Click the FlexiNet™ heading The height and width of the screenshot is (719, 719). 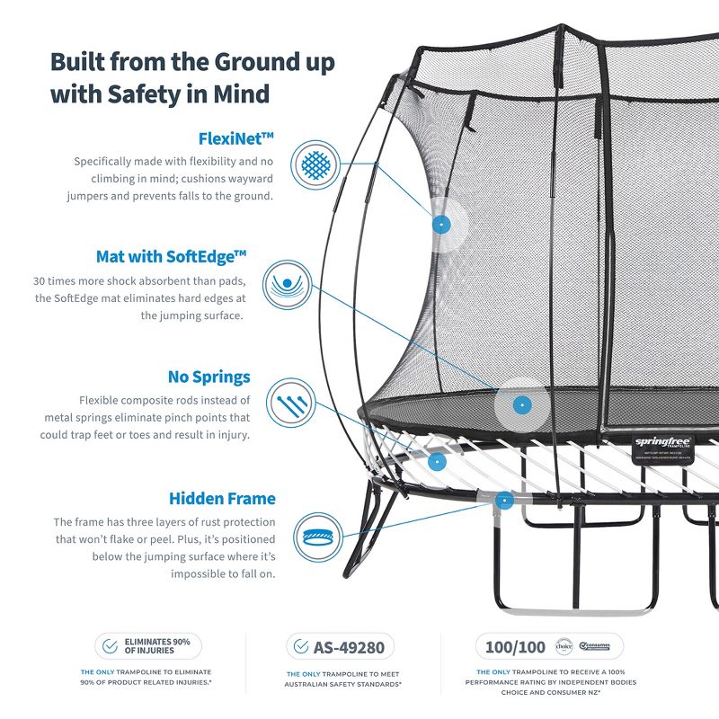pyautogui.click(x=235, y=138)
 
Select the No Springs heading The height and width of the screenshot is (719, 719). pyautogui.click(x=209, y=377)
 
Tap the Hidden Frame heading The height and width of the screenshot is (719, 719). pyautogui.click(x=222, y=498)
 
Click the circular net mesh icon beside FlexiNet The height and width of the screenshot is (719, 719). pyautogui.click(x=315, y=164)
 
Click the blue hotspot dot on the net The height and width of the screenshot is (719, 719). pyautogui.click(x=439, y=225)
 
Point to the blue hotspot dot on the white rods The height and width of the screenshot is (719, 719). pyautogui.click(x=437, y=461)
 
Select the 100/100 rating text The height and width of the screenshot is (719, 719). pyautogui.click(x=516, y=646)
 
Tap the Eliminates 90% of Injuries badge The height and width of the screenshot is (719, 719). pyautogui.click(x=148, y=646)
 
